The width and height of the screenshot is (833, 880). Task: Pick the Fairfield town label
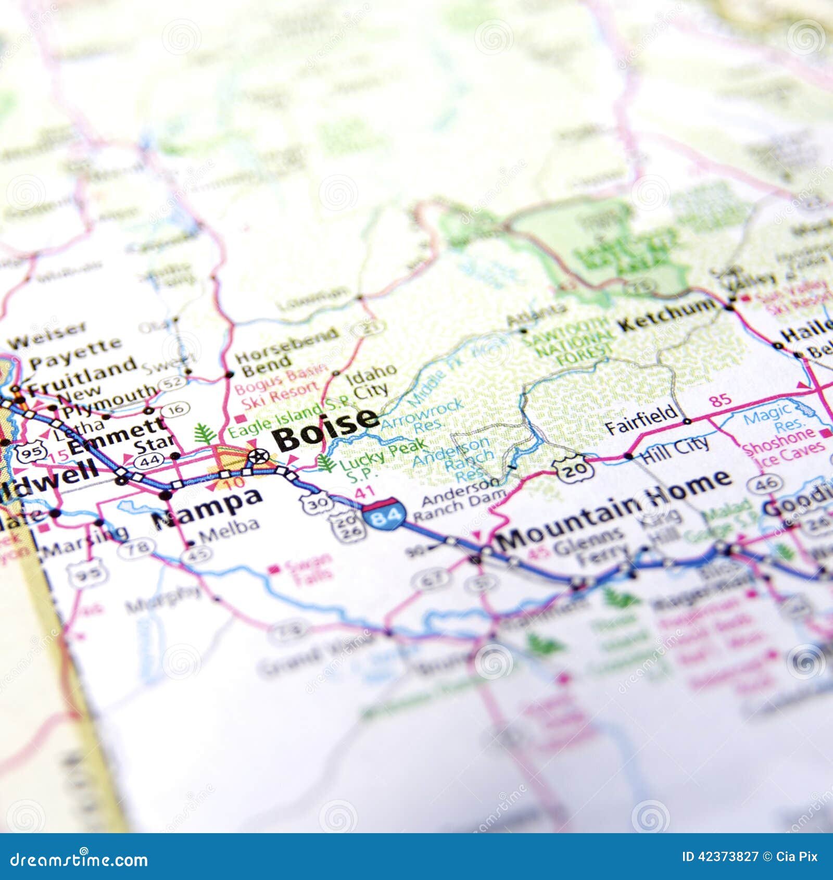[641, 419]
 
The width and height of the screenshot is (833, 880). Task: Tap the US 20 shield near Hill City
[574, 469]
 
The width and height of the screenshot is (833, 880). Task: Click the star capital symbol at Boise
[257, 457]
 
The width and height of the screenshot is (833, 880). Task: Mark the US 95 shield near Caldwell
[31, 452]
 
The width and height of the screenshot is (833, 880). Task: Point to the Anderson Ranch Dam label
[458, 500]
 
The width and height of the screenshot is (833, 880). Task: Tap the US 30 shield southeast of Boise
[316, 503]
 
